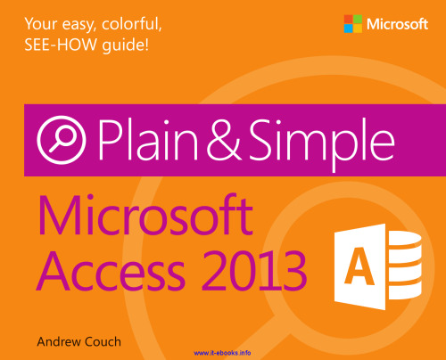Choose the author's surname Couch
click(x=111, y=340)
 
